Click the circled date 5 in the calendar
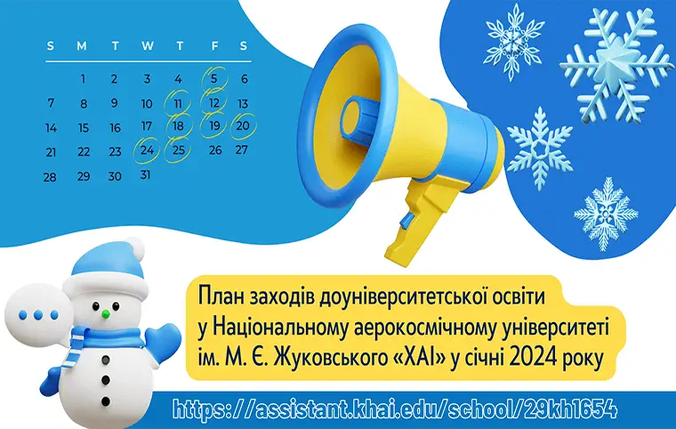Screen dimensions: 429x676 pyautogui.click(x=214, y=78)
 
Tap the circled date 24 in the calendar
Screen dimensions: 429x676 pyautogui.click(x=147, y=150)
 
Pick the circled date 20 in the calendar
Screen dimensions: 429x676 pyautogui.click(x=242, y=126)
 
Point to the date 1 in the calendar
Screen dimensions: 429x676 pyautogui.click(x=83, y=78)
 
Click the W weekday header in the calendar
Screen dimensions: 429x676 pyautogui.click(x=147, y=45)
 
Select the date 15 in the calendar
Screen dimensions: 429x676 pyautogui.click(x=83, y=127)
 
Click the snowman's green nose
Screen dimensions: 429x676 pyautogui.click(x=105, y=313)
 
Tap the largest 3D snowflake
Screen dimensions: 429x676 pyautogui.click(x=614, y=61)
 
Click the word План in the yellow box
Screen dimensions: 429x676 pyautogui.click(x=223, y=293)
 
